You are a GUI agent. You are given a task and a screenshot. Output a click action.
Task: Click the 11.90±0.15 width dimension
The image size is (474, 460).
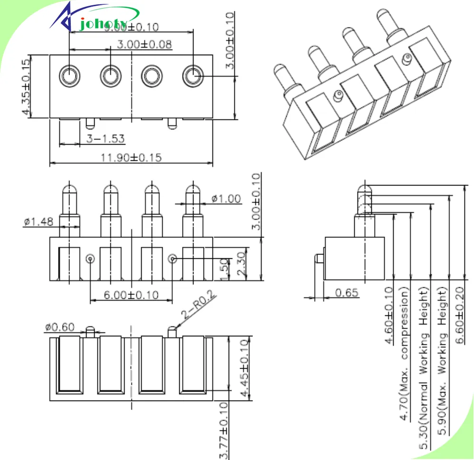(x=131, y=157)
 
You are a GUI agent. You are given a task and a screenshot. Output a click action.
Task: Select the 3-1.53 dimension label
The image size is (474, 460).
(x=106, y=138)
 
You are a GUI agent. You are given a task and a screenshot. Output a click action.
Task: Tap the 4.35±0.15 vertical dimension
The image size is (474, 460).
(x=26, y=86)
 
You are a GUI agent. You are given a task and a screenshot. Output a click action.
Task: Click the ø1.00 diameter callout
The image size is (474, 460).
(x=226, y=198)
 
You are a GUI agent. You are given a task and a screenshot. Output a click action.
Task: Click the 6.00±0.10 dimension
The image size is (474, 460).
(x=131, y=295)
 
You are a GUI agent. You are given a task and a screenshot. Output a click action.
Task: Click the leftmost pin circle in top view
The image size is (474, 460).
(x=69, y=75)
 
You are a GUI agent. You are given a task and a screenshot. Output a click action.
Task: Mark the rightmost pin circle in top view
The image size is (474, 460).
(x=193, y=75)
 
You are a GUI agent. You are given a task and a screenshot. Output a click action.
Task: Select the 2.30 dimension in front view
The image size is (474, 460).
(x=241, y=263)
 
